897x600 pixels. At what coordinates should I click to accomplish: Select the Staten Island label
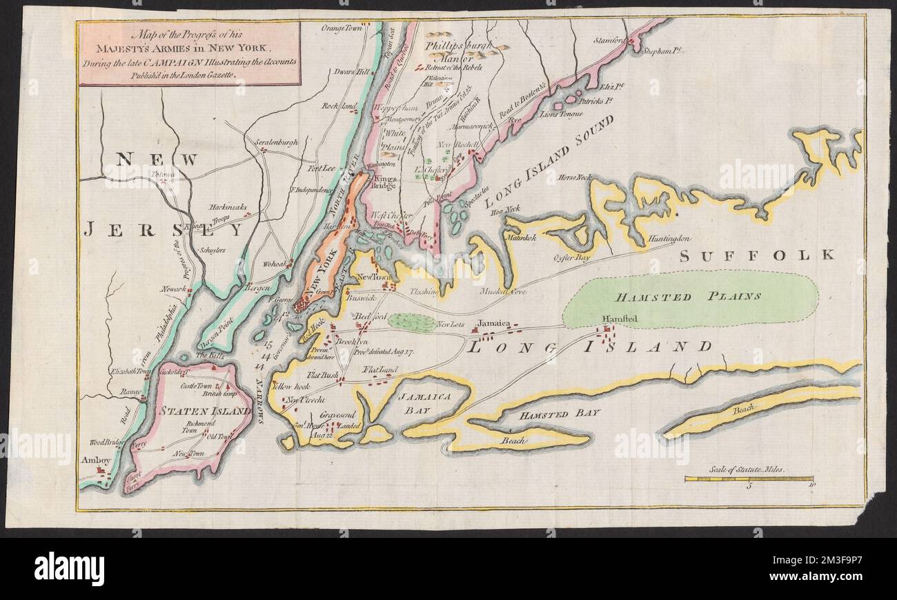tap(195, 411)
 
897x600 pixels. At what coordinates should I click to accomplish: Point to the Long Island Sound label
tap(549, 163)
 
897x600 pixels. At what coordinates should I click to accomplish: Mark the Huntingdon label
tap(669, 239)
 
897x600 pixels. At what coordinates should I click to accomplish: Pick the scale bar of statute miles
tap(748, 478)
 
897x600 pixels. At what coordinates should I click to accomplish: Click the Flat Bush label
tap(322, 375)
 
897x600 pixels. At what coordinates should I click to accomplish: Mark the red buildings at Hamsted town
tap(607, 335)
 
